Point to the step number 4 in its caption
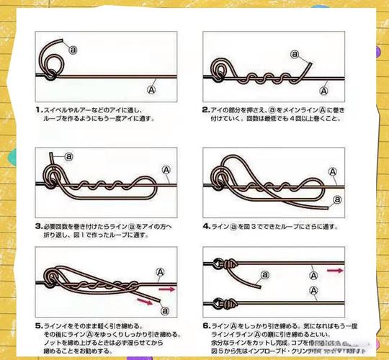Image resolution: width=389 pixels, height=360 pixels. [x=206, y=226]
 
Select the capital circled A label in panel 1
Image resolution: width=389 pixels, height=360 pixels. [x=151, y=90]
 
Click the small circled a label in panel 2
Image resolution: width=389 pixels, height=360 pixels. [x=294, y=53]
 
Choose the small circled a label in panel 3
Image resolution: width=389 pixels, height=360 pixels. [x=69, y=155]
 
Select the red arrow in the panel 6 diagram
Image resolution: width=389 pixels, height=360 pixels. [x=335, y=271]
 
